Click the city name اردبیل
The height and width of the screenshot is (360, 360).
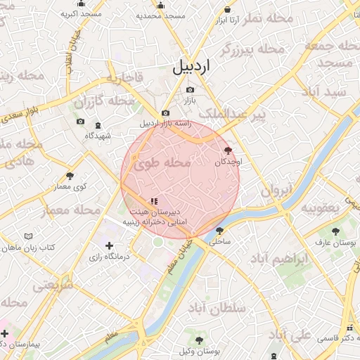[191, 68]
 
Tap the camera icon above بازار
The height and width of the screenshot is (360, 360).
[190, 90]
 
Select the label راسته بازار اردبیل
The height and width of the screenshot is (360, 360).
[165, 124]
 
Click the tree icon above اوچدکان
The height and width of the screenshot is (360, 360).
[227, 150]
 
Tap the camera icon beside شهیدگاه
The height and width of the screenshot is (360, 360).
[79, 122]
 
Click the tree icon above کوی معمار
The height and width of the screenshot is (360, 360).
[70, 176]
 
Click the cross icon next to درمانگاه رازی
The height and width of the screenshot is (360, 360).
[108, 245]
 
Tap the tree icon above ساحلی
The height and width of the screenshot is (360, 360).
[220, 230]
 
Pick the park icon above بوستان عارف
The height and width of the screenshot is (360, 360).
[335, 231]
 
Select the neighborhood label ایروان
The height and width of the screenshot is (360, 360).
[276, 190]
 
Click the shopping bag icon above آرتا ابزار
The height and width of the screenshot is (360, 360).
[227, 9]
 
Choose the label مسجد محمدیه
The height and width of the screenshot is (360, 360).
[160, 15]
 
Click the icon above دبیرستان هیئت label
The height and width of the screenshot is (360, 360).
[154, 201]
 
